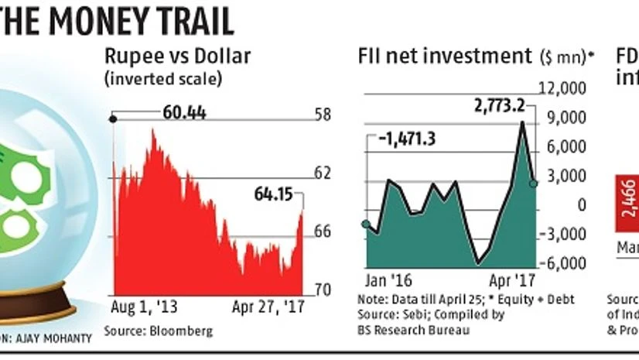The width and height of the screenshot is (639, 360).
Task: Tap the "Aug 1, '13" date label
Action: click(x=145, y=307)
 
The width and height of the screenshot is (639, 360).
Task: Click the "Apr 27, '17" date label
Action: click(x=268, y=307)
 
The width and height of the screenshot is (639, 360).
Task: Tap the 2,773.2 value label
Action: click(x=494, y=106)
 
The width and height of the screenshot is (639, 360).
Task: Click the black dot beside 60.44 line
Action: click(x=114, y=118)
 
